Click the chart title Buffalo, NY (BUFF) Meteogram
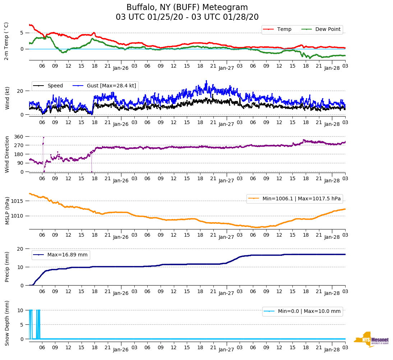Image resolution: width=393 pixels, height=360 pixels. click(x=187, y=8)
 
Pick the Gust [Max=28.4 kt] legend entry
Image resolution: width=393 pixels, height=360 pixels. click(x=111, y=86)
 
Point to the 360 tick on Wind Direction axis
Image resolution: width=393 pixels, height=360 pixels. click(x=19, y=137)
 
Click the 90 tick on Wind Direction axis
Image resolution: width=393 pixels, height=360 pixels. click(x=21, y=163)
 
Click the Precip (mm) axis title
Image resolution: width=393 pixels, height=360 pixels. click(x=7, y=266)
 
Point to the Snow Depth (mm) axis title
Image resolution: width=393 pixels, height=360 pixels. click(x=7, y=323)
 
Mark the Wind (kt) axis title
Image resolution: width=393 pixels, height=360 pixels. click(x=7, y=98)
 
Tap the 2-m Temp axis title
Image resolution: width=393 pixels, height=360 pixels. click(x=6, y=41)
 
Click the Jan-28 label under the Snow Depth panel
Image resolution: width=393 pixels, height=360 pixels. click(x=332, y=349)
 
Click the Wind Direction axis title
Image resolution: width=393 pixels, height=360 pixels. click(x=7, y=154)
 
